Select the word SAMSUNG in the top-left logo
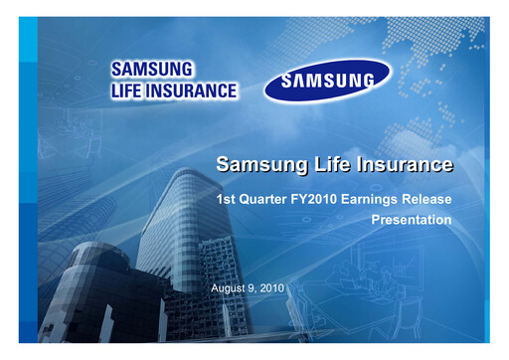151,70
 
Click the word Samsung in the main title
256,163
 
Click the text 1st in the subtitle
227,200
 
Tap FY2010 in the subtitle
315,200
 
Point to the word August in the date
231,287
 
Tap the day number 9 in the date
254,287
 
